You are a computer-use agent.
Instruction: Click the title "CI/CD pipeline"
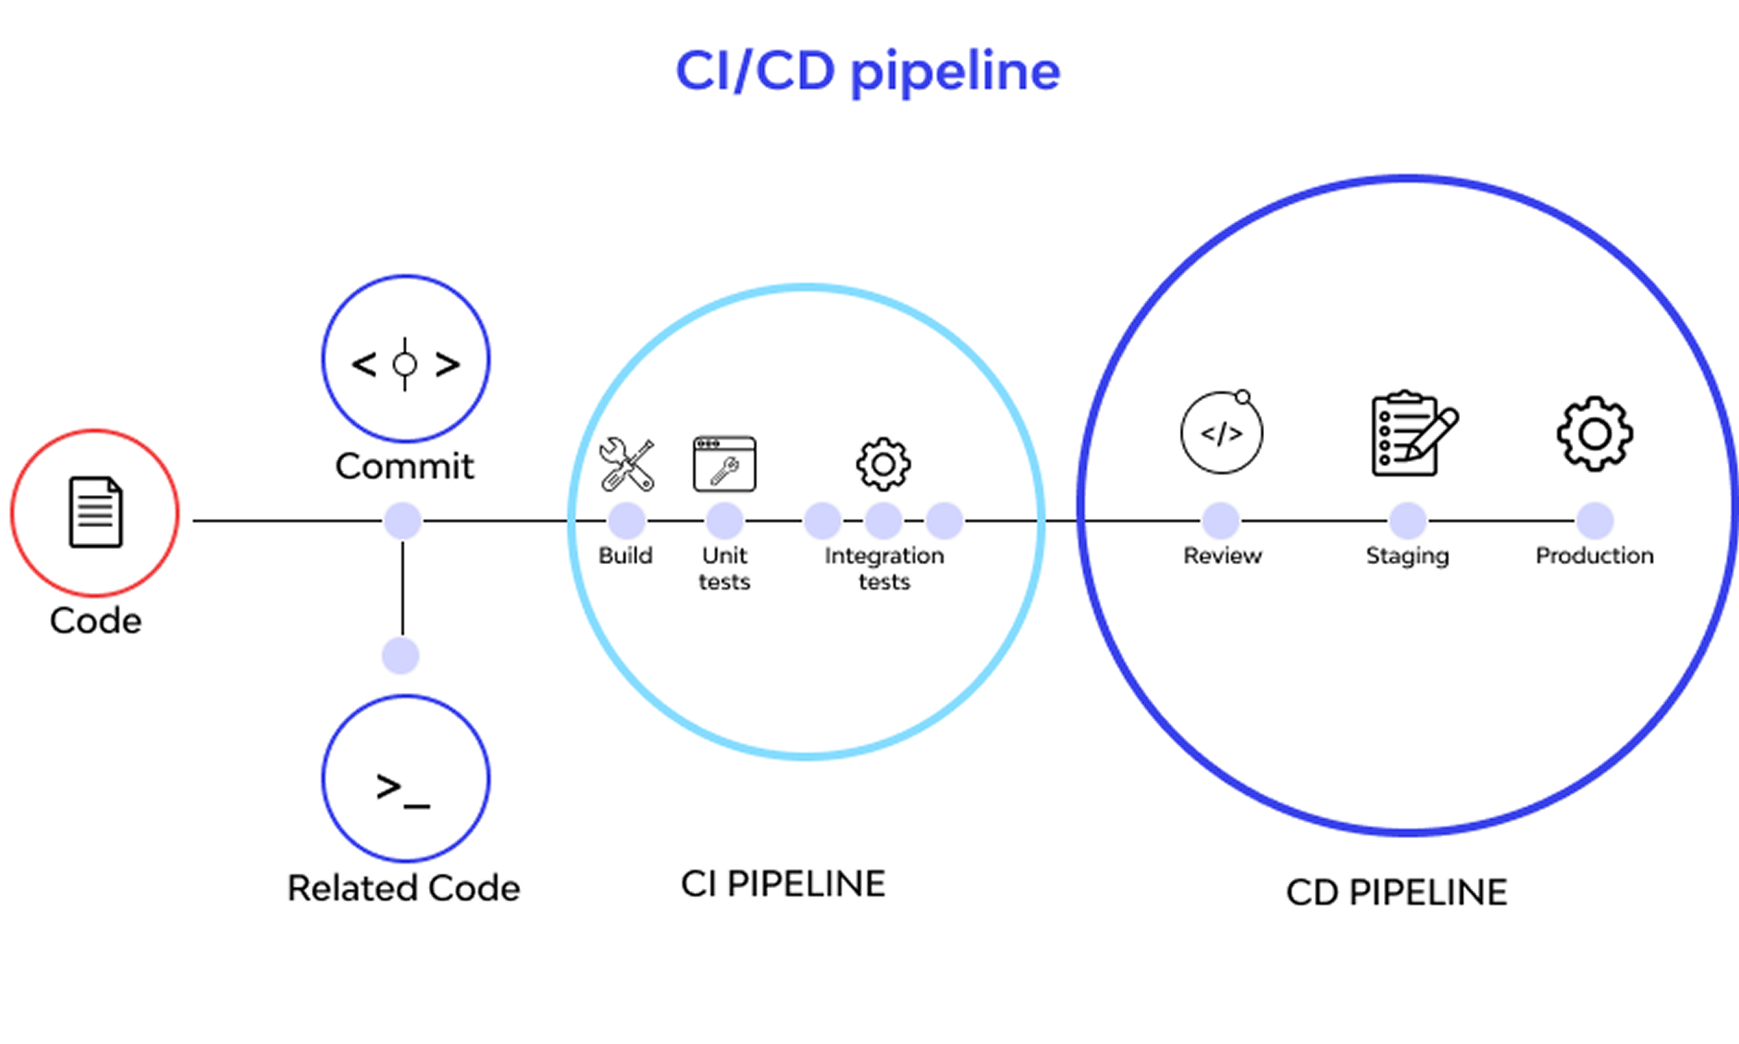pyautogui.click(x=868, y=72)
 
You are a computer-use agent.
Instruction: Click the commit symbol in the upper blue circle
pyautogui.click(x=405, y=364)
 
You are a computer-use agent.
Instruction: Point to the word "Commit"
pyautogui.click(x=404, y=466)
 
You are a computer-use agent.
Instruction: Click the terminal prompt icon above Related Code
pyautogui.click(x=403, y=790)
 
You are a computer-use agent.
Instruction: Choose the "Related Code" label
pyautogui.click(x=404, y=888)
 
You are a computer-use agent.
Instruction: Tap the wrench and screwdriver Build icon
pyautogui.click(x=626, y=464)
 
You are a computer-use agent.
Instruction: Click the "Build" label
pyautogui.click(x=625, y=556)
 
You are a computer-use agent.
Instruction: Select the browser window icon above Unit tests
pyautogui.click(x=725, y=464)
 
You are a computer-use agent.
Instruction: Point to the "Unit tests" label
pyautogui.click(x=725, y=569)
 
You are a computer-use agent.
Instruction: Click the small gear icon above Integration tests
pyautogui.click(x=883, y=464)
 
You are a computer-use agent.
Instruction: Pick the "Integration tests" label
pyautogui.click(x=885, y=569)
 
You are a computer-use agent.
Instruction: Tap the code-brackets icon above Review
pyautogui.click(x=1222, y=433)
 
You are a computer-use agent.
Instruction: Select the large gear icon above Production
pyautogui.click(x=1595, y=434)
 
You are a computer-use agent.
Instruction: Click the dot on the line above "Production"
pyautogui.click(x=1595, y=521)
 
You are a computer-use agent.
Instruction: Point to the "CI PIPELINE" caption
pyautogui.click(x=783, y=884)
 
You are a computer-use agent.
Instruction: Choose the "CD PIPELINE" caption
pyautogui.click(x=1397, y=893)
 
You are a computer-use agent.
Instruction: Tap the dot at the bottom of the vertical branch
pyautogui.click(x=401, y=655)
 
